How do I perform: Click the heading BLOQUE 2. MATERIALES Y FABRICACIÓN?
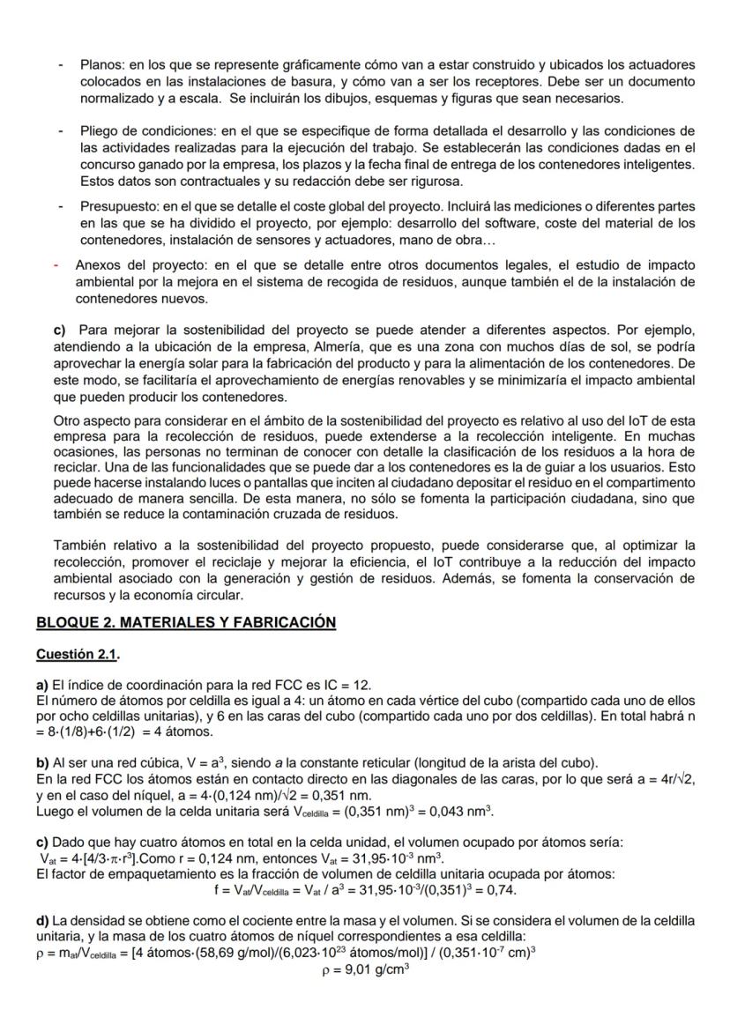click(186, 622)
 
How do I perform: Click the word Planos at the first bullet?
click(101, 65)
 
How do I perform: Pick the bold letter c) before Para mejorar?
click(60, 330)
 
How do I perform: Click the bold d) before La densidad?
click(42, 922)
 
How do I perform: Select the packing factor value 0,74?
click(501, 889)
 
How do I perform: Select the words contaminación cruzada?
click(250, 514)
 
